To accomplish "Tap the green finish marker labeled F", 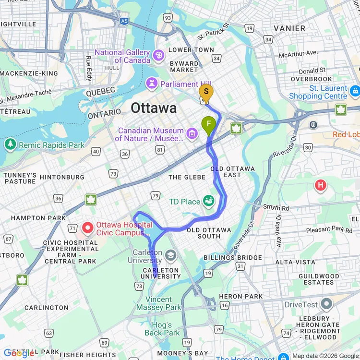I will pyautogui.click(x=209, y=125).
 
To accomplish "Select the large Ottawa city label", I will pyautogui.click(x=154, y=108).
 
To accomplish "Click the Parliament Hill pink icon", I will pyautogui.click(x=152, y=84).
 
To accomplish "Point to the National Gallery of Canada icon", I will pyautogui.click(x=158, y=56).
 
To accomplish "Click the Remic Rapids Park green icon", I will pyautogui.click(x=10, y=144).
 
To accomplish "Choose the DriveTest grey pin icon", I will pyautogui.click(x=327, y=304).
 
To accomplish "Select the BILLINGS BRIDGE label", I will pyautogui.click(x=239, y=258).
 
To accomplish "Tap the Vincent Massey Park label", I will pyautogui.click(x=158, y=303).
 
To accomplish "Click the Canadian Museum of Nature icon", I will pyautogui.click(x=192, y=133).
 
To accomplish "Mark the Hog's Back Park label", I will pyautogui.click(x=162, y=329).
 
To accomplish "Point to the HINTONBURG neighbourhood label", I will pyautogui.click(x=62, y=177).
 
